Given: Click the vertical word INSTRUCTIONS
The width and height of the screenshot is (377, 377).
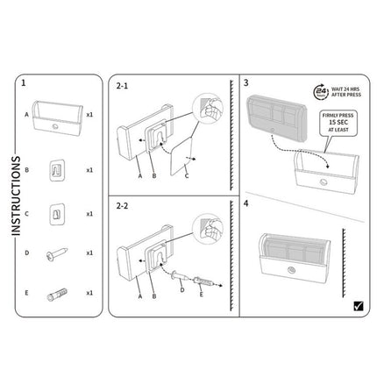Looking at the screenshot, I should click(15, 196).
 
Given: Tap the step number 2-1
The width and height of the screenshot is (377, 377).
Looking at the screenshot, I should click(124, 87).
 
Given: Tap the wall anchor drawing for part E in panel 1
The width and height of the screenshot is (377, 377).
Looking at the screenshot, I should click(55, 292).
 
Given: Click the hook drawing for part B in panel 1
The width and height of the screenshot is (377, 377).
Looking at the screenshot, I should click(55, 169).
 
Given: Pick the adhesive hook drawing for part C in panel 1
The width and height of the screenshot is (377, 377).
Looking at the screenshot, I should click(55, 213).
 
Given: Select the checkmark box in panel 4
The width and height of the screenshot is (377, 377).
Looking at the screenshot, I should click(357, 306).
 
